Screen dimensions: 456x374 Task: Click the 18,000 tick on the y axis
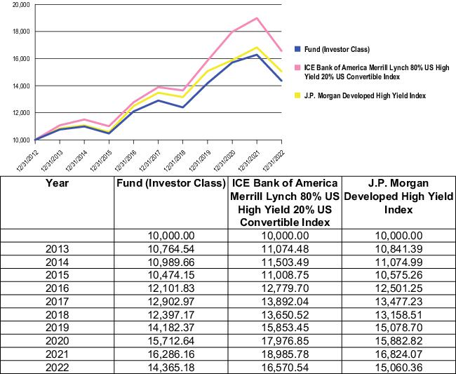[x=22, y=32]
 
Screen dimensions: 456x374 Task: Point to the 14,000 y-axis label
[x=22, y=86]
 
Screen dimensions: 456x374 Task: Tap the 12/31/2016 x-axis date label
[x=125, y=161]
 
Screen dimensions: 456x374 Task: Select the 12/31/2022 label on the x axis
[x=273, y=161]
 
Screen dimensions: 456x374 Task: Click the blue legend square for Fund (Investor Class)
[x=297, y=49]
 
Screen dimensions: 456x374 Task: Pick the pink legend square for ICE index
[x=297, y=68]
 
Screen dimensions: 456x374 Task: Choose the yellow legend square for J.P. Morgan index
[x=297, y=95]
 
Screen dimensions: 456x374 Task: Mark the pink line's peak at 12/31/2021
[x=257, y=18]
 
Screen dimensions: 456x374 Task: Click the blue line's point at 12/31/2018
[x=183, y=107]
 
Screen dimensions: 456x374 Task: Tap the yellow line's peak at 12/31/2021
[x=257, y=48]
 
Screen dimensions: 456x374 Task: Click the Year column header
[x=57, y=183]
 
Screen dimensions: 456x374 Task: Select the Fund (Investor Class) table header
[x=171, y=183]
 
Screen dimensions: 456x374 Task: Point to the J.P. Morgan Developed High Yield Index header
[x=398, y=196]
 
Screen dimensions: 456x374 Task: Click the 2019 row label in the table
[x=58, y=328]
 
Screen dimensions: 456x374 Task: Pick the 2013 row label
[x=58, y=249]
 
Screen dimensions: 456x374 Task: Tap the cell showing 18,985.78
[x=285, y=354]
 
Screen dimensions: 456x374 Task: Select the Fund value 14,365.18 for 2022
[x=171, y=367]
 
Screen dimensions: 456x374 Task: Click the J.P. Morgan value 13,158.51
[x=398, y=314]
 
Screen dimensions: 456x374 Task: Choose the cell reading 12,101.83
[x=171, y=288]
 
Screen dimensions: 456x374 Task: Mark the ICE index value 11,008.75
[x=285, y=275]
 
